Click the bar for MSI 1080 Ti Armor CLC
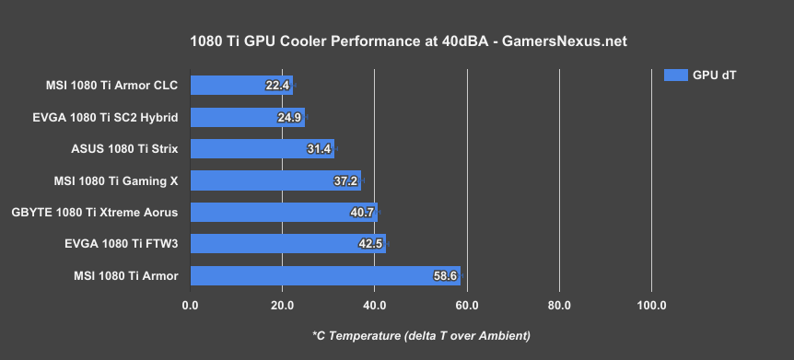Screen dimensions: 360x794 241,86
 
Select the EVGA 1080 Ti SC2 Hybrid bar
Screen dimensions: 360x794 247,117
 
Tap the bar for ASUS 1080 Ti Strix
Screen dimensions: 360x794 262,148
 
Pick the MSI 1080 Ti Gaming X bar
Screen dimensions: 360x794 275,180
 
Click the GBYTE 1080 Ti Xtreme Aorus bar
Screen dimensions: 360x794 284,212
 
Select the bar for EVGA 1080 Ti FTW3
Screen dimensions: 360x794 287,244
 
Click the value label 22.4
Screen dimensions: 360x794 277,86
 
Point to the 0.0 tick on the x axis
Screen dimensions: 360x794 190,305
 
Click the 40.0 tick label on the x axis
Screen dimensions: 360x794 374,305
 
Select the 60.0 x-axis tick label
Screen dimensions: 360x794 467,305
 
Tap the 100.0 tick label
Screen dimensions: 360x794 651,305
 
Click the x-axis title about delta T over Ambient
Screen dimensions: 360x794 421,334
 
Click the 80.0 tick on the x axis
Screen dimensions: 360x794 559,305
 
